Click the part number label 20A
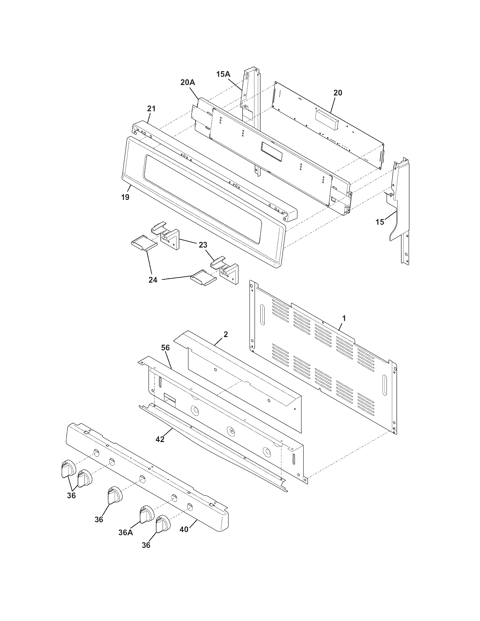[188, 82]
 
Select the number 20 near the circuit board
[338, 93]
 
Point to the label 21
[151, 109]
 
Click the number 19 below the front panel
[125, 197]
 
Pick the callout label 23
[203, 245]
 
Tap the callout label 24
[153, 280]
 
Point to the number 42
[160, 439]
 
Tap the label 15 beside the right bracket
[380, 222]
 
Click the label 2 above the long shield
[226, 334]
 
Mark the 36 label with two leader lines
[71, 495]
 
